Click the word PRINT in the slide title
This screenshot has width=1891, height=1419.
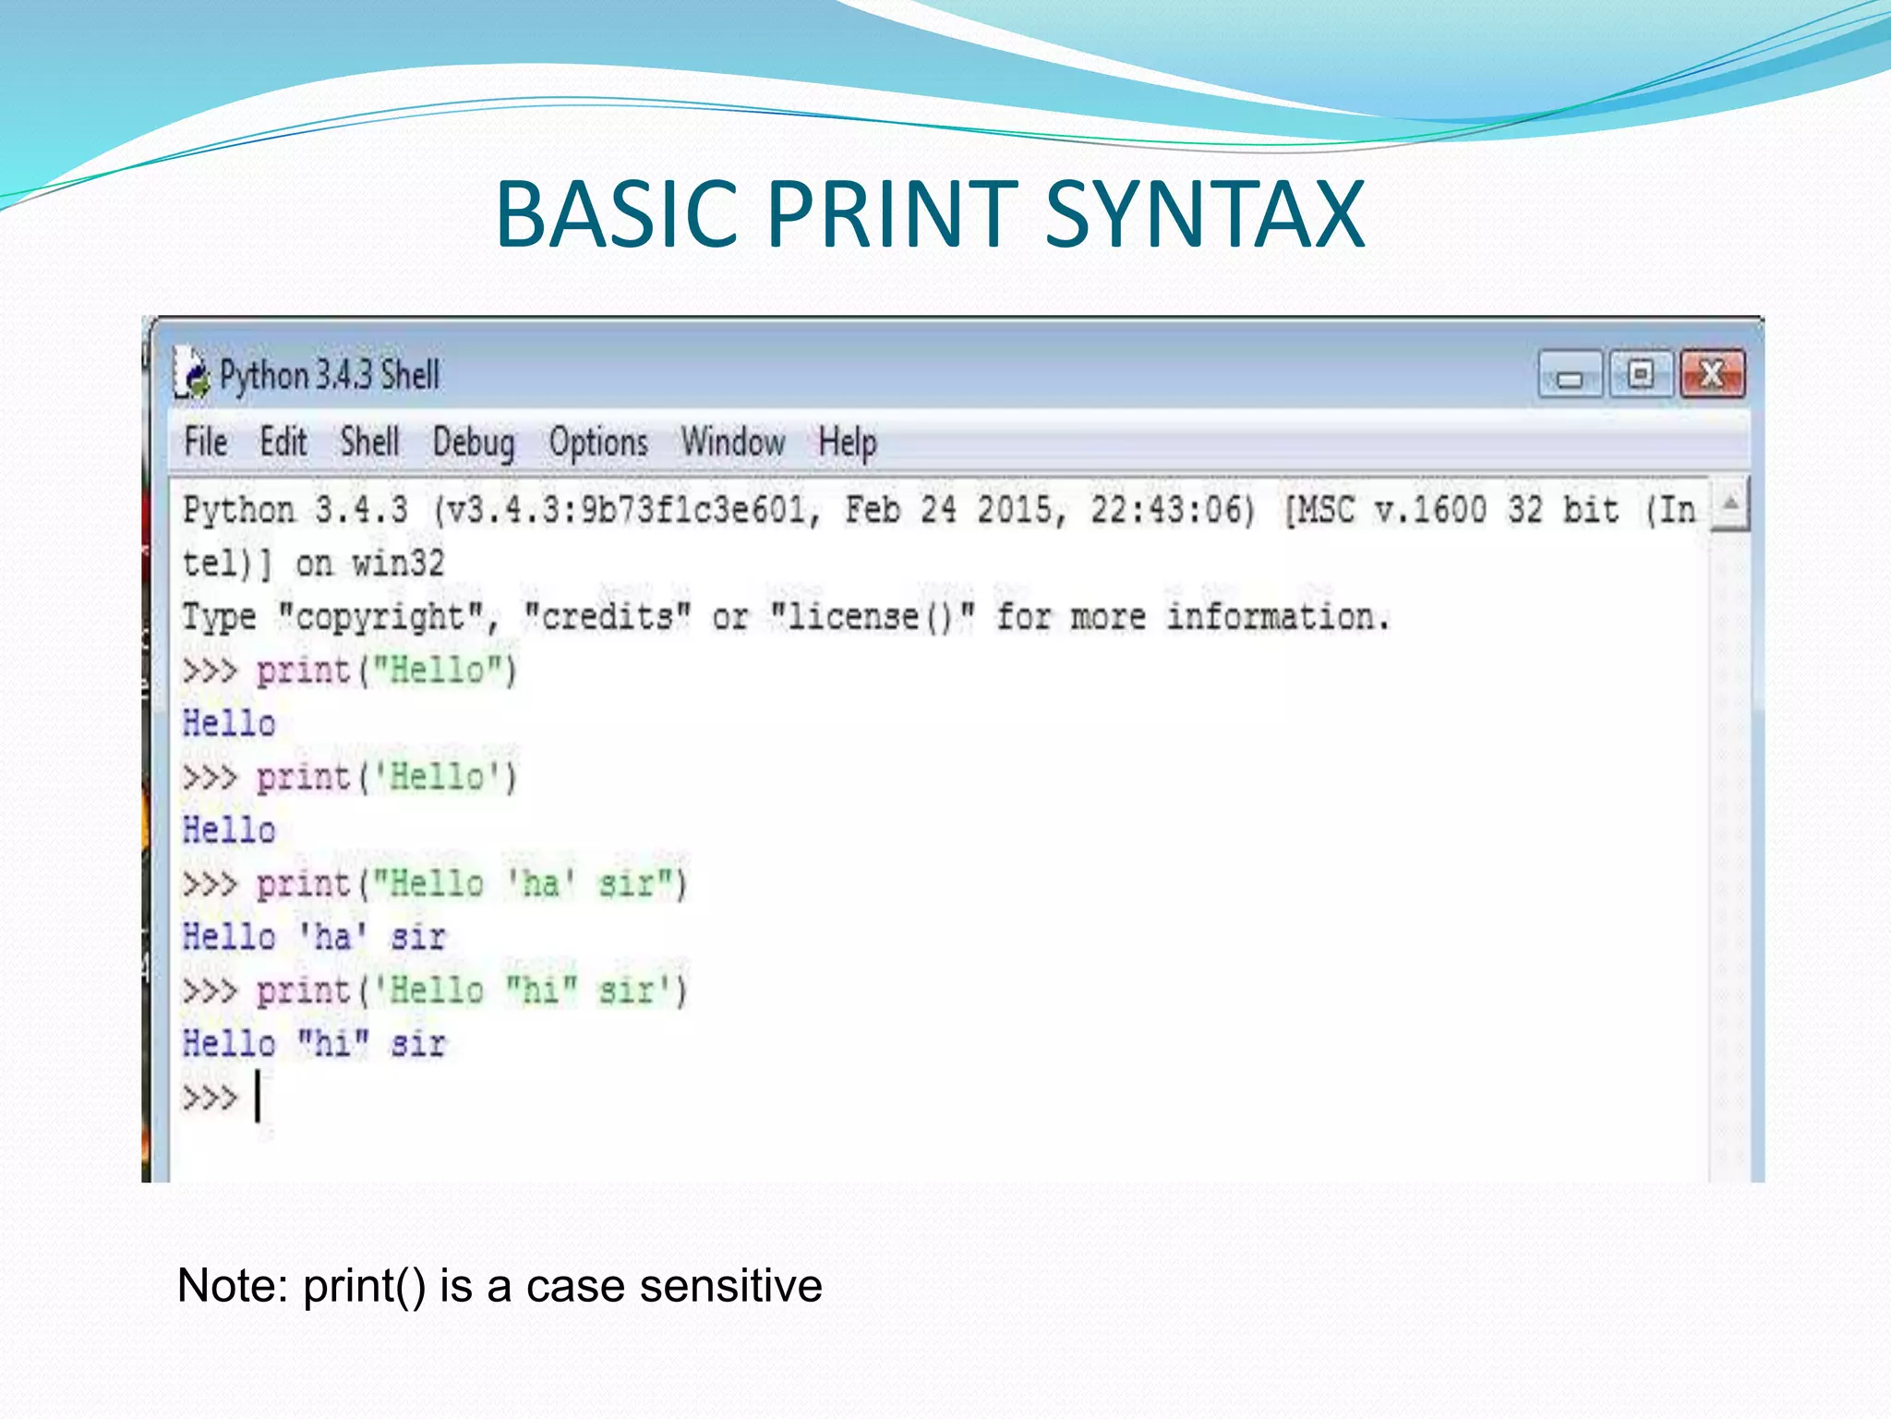coord(891,215)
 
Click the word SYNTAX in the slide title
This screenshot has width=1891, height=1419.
coord(1205,215)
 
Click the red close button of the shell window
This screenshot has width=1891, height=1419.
coord(1712,374)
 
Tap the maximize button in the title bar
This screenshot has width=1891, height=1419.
coord(1641,374)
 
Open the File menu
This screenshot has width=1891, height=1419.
coord(205,442)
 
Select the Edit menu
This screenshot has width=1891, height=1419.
coord(283,442)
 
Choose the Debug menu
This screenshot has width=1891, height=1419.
coord(474,443)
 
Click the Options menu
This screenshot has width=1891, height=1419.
coord(598,442)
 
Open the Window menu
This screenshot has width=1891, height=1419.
coord(733,442)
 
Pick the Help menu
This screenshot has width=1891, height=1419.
coord(847,442)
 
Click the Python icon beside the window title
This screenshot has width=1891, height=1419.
coord(191,374)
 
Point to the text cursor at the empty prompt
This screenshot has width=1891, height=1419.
coord(258,1097)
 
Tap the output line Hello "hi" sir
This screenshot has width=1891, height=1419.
coord(314,1044)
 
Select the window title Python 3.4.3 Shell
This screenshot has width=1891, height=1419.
coord(329,375)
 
